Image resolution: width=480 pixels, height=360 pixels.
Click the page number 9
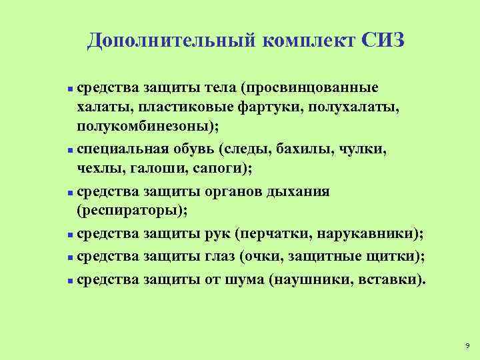(467, 346)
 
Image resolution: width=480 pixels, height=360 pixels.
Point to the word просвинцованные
(311, 88)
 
